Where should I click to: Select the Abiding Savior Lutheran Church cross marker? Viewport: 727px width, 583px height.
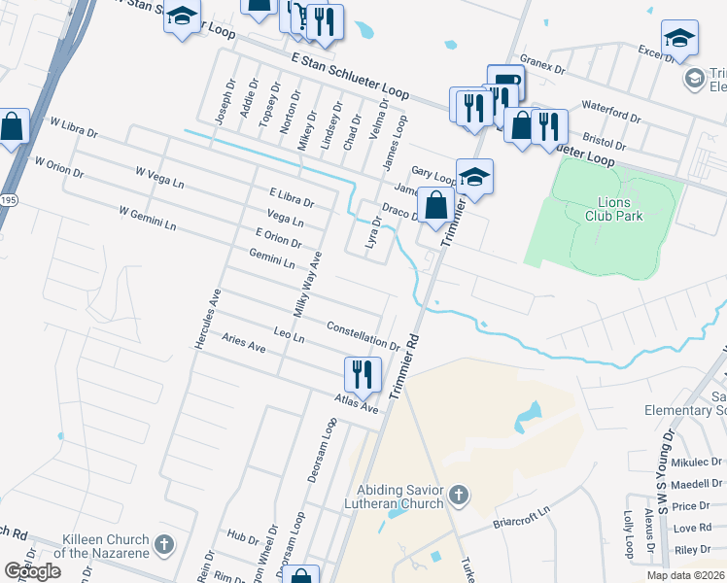[x=459, y=497]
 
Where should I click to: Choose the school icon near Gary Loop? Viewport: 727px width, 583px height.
[x=474, y=177]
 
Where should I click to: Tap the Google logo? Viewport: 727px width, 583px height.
[x=33, y=571]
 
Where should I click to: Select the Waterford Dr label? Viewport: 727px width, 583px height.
[x=610, y=111]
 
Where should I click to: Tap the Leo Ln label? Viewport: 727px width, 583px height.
[x=290, y=336]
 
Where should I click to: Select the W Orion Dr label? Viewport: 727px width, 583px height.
[x=57, y=165]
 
